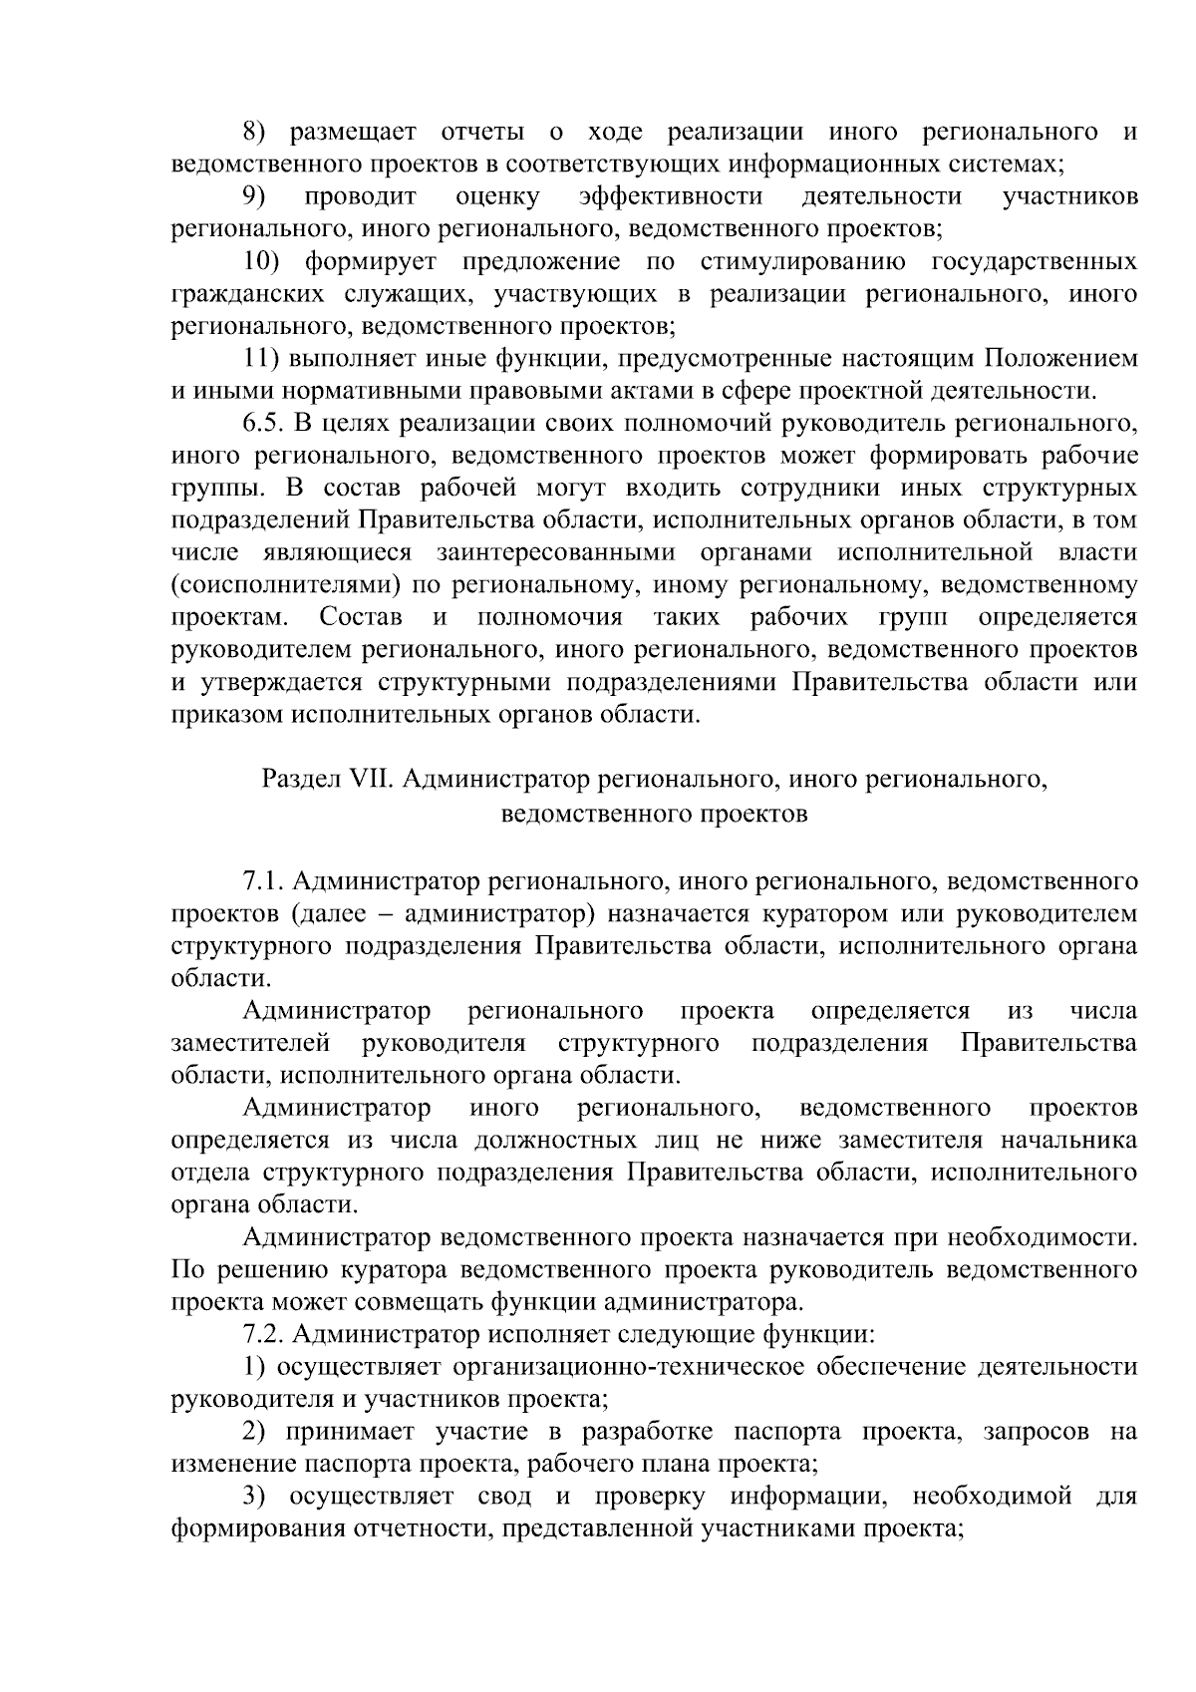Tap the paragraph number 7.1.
point(262,881)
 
